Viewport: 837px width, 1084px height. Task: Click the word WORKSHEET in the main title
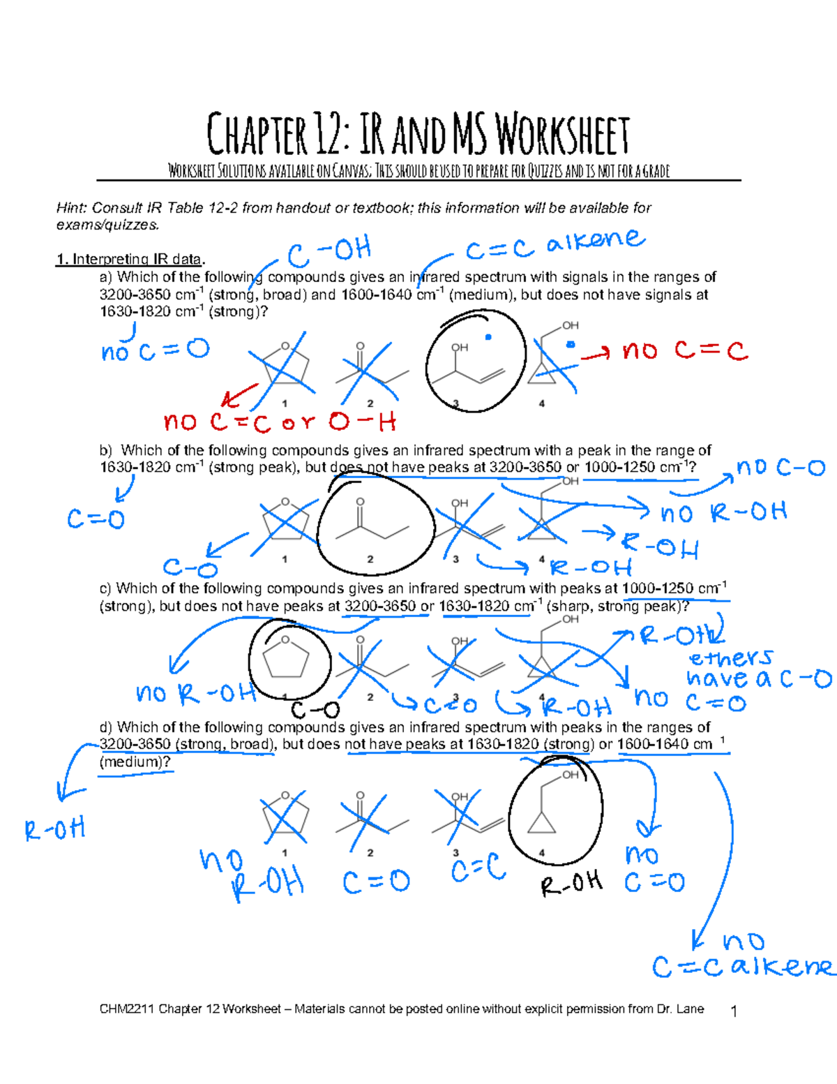[x=562, y=135]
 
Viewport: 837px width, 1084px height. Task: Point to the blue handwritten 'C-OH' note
[x=330, y=252]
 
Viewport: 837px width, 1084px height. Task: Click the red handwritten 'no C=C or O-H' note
[x=280, y=422]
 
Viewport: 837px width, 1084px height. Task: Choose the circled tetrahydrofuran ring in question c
[x=287, y=660]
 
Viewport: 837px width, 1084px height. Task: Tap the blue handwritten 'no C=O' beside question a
[x=155, y=350]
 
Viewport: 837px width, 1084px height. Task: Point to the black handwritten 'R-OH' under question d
[x=571, y=884]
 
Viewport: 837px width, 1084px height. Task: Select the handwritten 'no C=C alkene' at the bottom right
[x=742, y=956]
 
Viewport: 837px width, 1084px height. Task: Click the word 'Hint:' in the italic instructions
[x=72, y=208]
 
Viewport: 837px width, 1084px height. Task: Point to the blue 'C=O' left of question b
[x=96, y=519]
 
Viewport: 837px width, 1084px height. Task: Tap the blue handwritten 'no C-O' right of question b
[x=781, y=468]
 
